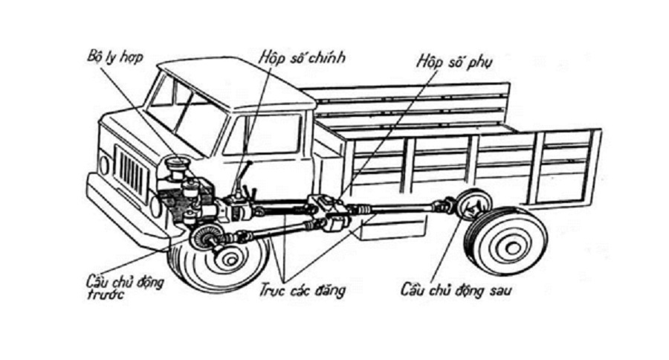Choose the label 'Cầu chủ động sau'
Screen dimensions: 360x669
pos(456,288)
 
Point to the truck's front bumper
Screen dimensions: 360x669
pos(123,216)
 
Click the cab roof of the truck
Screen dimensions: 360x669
pos(223,78)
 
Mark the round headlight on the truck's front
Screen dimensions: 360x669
pos(104,165)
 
